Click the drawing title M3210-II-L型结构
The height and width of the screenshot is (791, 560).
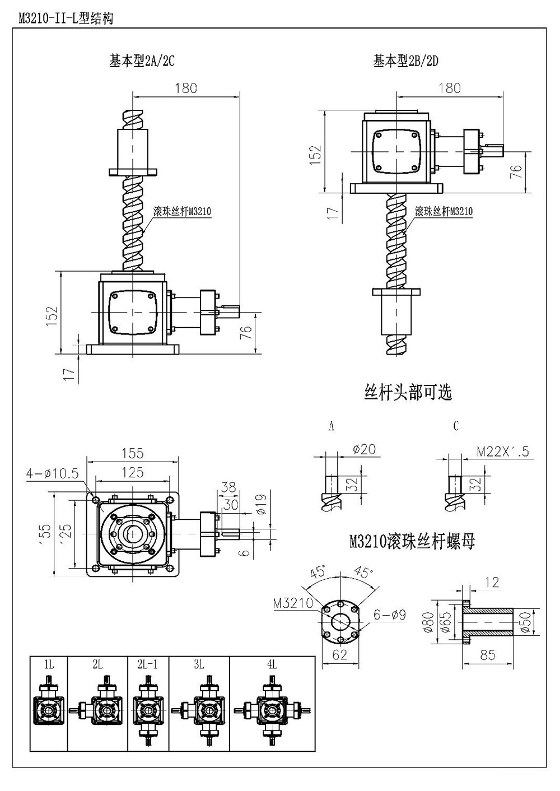tap(66, 19)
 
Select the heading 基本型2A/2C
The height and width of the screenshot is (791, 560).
tap(142, 62)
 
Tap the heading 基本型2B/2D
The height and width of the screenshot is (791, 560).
tap(405, 62)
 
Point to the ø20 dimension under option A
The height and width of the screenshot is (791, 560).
tap(365, 449)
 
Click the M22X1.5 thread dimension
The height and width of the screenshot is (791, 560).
tap(502, 452)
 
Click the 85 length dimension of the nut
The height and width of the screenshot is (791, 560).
tap(488, 654)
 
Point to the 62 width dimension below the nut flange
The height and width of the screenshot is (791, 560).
tap(340, 654)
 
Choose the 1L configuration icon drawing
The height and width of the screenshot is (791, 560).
tap(49, 710)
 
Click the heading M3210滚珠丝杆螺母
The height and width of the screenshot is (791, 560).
tap(412, 542)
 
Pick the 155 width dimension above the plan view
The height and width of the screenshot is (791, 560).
tap(132, 453)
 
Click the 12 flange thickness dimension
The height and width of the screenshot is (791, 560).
tap(492, 583)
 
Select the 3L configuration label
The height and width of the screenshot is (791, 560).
tap(198, 665)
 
